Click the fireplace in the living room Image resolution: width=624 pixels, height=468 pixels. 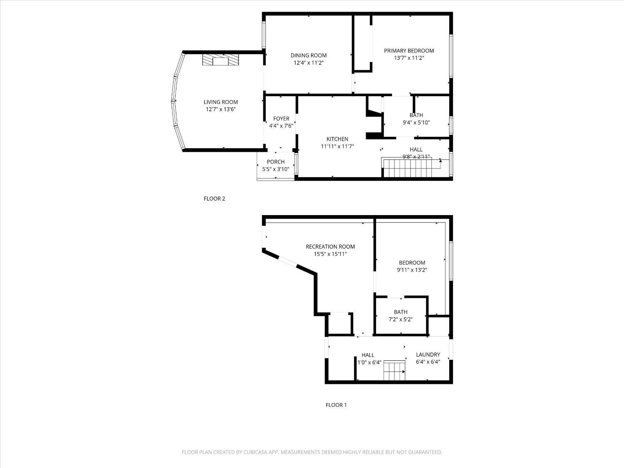coord(221,59)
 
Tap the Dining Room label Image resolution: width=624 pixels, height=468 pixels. coord(308,55)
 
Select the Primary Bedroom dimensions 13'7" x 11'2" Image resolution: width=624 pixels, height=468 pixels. coord(409,58)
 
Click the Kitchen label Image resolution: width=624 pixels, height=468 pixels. coord(337,139)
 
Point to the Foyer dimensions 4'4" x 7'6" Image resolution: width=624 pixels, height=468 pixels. coord(281,126)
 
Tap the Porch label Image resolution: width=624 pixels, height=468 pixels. coord(275,162)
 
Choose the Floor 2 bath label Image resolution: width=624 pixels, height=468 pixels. coord(416,115)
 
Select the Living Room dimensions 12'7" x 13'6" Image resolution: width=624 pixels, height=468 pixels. coord(220,109)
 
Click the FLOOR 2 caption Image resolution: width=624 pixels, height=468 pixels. coord(214,198)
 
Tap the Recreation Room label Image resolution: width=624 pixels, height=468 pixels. coord(330,247)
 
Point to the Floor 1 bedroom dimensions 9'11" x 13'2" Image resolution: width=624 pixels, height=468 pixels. coord(412,270)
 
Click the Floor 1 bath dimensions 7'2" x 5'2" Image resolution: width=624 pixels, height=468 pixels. coord(401,319)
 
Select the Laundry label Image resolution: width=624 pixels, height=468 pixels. coord(428,354)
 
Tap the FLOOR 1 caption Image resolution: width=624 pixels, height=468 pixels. coord(336,405)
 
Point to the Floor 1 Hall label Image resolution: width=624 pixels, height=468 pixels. coord(368,355)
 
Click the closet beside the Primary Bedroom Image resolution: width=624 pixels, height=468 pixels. coord(362,42)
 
